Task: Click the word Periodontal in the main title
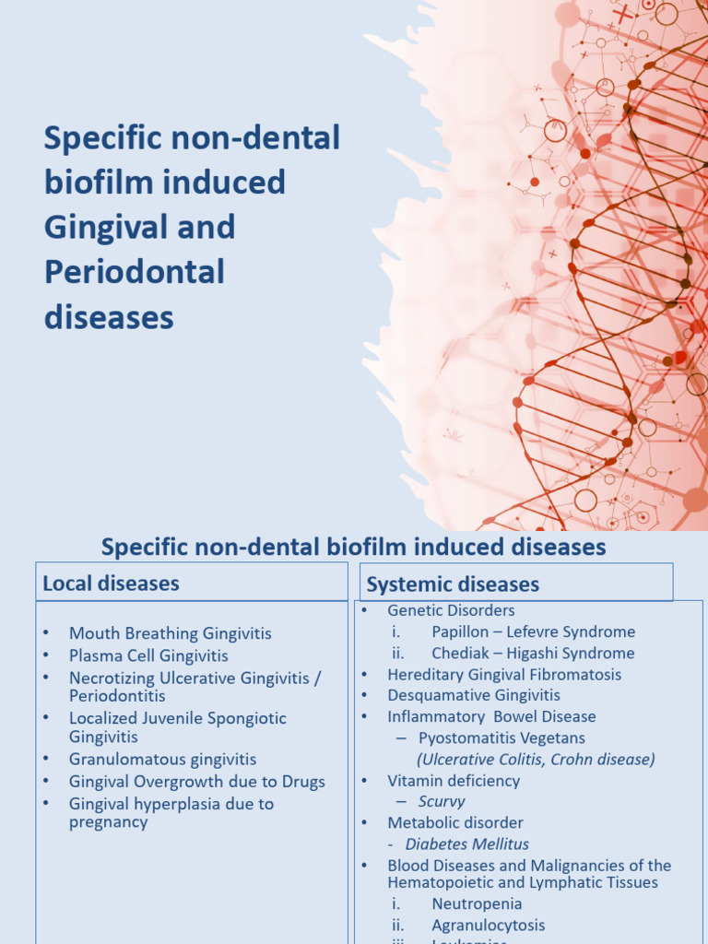(135, 272)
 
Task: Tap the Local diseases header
(111, 584)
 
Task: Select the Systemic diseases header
(453, 584)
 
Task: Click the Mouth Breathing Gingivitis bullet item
(171, 633)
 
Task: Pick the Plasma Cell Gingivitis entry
(148, 655)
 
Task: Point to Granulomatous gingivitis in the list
(162, 760)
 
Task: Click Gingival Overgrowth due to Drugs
(197, 782)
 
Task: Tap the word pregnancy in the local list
(109, 822)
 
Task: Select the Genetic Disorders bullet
(451, 610)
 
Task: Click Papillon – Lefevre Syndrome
(533, 632)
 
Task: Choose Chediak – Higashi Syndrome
(533, 654)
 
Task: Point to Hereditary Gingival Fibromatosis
(504, 675)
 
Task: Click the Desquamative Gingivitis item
(474, 695)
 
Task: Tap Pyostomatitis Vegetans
(501, 738)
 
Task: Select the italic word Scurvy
(442, 802)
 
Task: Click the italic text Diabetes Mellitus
(467, 844)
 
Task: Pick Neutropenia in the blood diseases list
(477, 904)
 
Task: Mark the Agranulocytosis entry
(489, 926)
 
